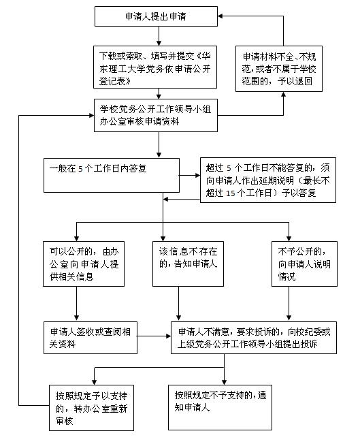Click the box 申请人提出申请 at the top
[x=156, y=16]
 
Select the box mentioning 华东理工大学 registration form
[x=155, y=67]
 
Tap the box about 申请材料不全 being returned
[x=279, y=69]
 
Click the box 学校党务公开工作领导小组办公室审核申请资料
[x=156, y=115]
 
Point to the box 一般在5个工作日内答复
[x=112, y=175]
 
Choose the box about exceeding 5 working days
[x=268, y=180]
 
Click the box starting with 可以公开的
[x=84, y=264]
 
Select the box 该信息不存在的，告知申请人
[x=188, y=264]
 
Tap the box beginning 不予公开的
[x=304, y=264]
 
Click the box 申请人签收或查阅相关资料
[x=91, y=338]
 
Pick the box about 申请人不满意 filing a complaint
[x=254, y=338]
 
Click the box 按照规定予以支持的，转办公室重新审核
[x=91, y=408]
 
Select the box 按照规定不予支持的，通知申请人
[x=220, y=407]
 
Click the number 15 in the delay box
[x=231, y=193]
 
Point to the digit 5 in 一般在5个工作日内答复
[x=80, y=169]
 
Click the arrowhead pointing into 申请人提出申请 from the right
[x=220, y=16]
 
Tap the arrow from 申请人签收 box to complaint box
[x=154, y=336]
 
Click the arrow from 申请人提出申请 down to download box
[x=159, y=36]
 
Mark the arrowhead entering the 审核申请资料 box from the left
[x=91, y=115]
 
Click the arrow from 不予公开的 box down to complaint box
[x=289, y=304]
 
